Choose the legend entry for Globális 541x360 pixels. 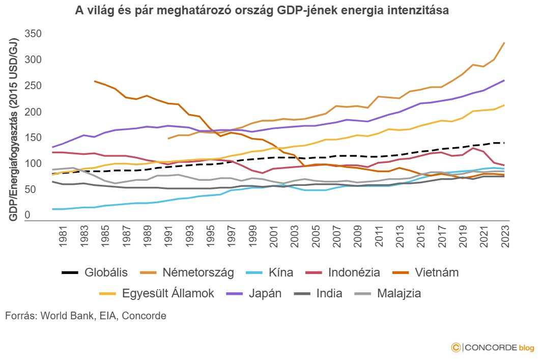tap(94, 272)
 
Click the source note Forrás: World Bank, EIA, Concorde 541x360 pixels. tap(86, 316)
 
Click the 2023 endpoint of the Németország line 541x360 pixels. tap(504, 43)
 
